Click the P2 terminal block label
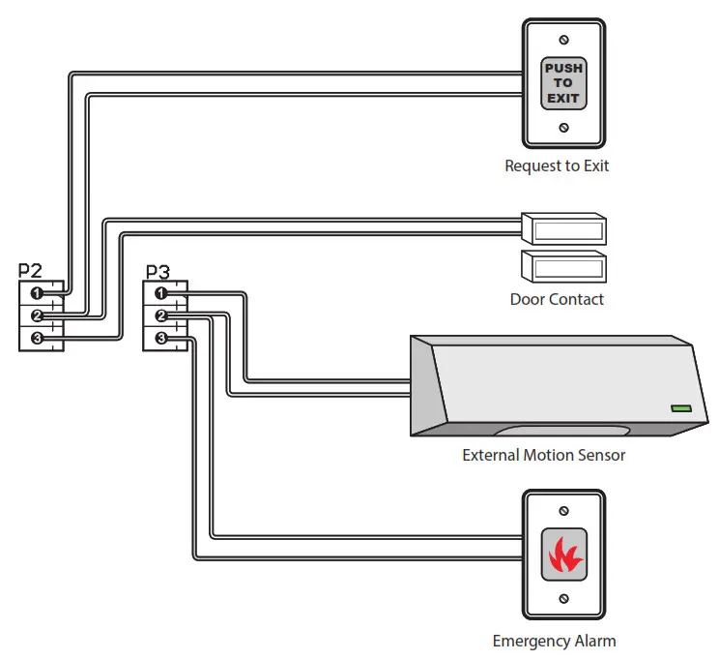pyautogui.click(x=31, y=270)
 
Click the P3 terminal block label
pyautogui.click(x=157, y=272)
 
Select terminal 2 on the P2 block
pyautogui.click(x=37, y=316)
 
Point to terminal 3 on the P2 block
pyautogui.click(x=37, y=339)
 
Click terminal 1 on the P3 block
pyautogui.click(x=161, y=293)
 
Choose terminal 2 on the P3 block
pyautogui.click(x=161, y=315)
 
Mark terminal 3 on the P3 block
pyautogui.click(x=161, y=338)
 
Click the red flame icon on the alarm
pyautogui.click(x=563, y=555)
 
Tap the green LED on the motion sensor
pyautogui.click(x=682, y=409)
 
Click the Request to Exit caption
pyautogui.click(x=557, y=165)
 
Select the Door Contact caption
pyautogui.click(x=557, y=299)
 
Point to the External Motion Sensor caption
pyautogui.click(x=543, y=455)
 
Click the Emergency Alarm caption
pyautogui.click(x=554, y=641)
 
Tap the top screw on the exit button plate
pyautogui.click(x=564, y=40)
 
